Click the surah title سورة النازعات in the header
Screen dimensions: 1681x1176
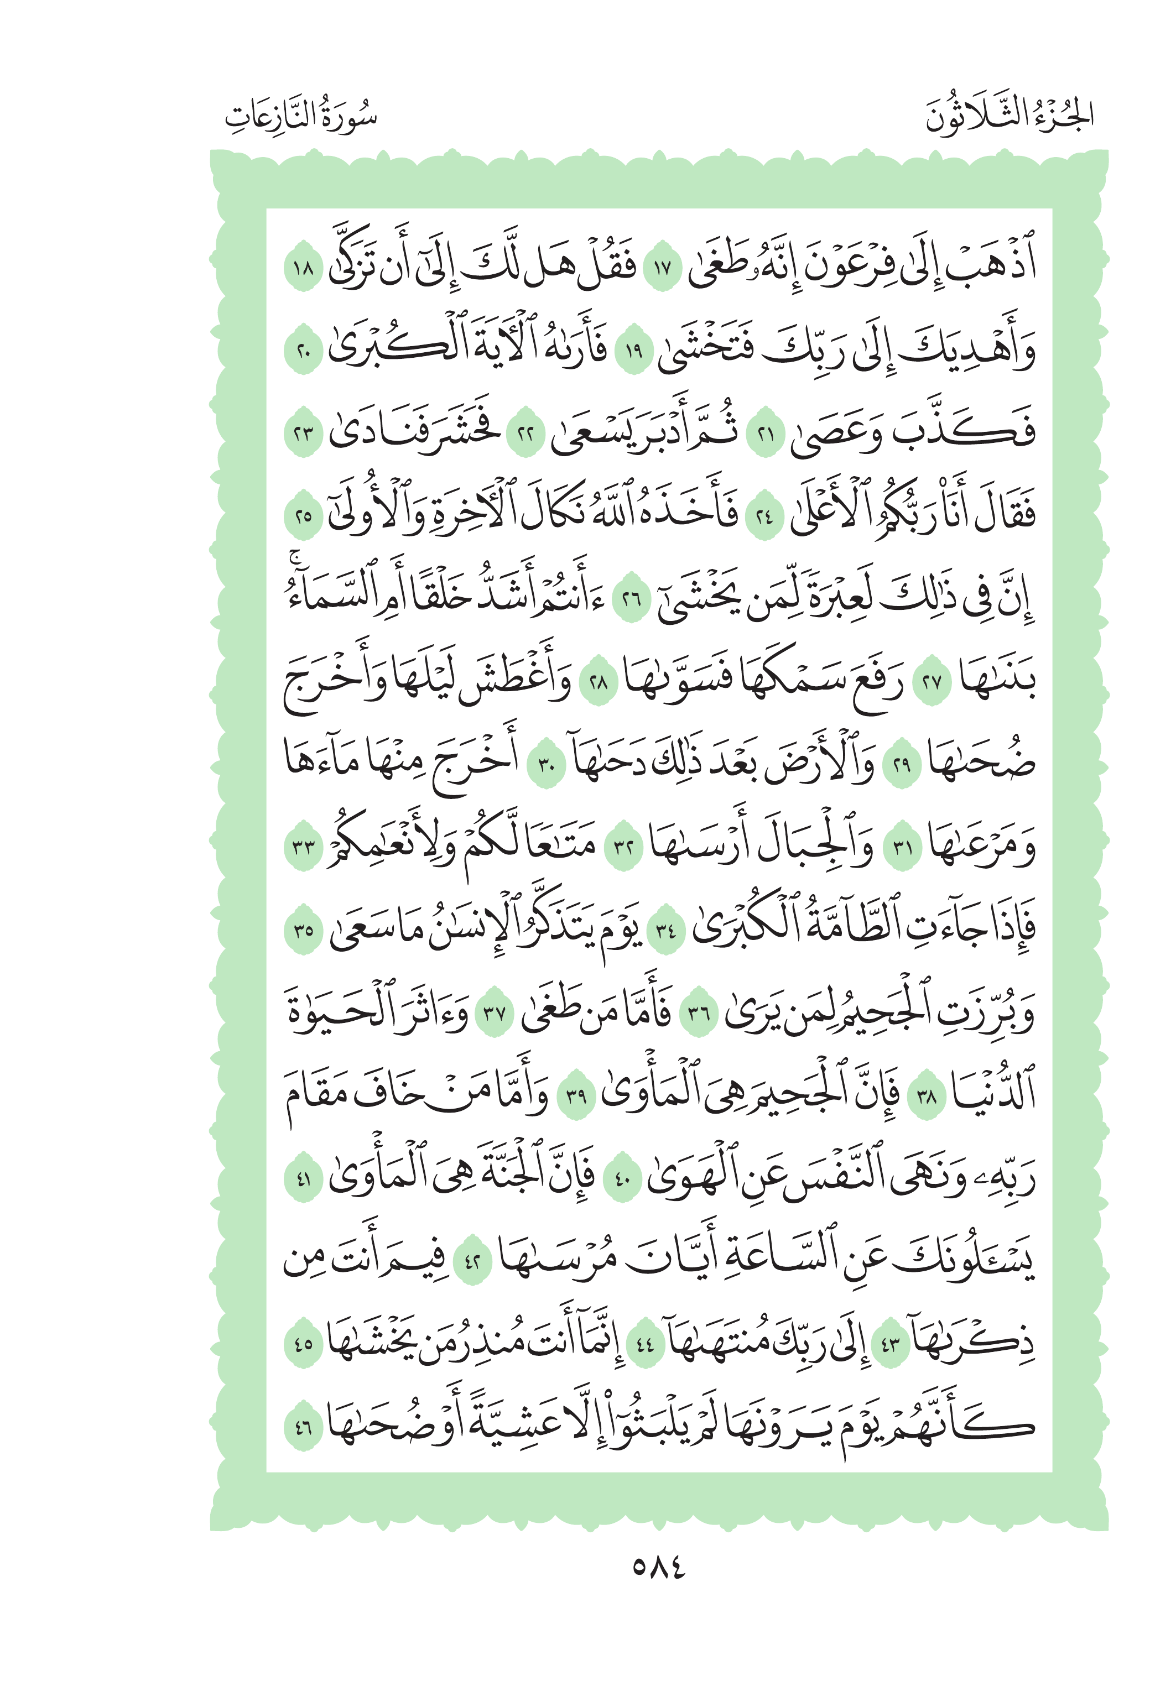click(300, 116)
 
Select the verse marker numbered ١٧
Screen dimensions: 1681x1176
click(662, 269)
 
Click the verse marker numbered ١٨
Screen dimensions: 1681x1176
click(303, 269)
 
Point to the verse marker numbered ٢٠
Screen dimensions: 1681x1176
click(303, 352)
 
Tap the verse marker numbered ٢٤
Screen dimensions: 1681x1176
click(764, 518)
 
